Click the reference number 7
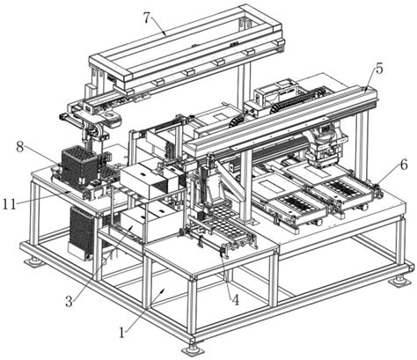pos(149,18)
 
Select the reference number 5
pos(379,69)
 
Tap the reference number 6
pos(404,165)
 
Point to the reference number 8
pos(20,147)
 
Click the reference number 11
pos(9,204)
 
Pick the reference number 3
pos(69,301)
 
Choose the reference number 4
pos(235,300)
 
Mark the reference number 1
pos(121,333)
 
